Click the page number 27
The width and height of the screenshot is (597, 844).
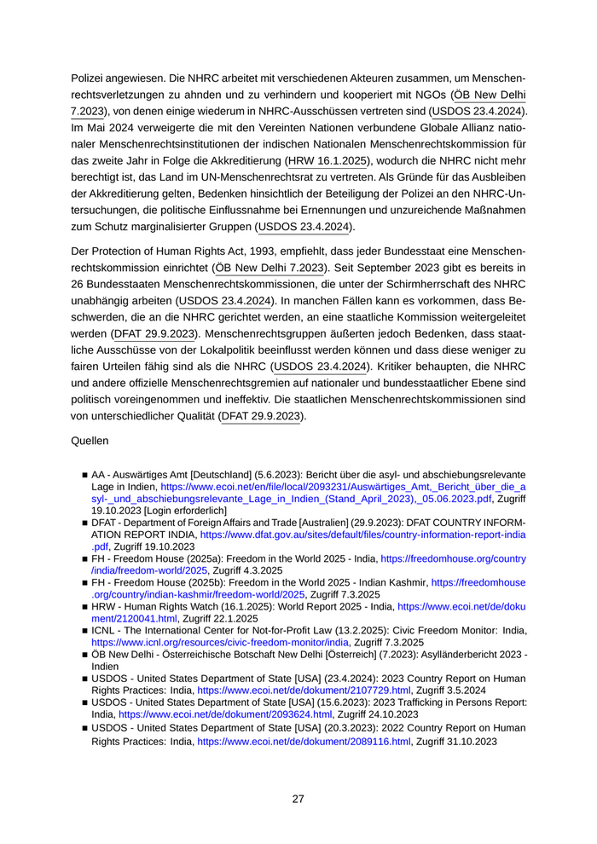tap(298, 799)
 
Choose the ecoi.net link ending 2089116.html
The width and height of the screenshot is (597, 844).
tap(304, 743)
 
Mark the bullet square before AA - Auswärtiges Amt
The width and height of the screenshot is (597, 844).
tap(85, 474)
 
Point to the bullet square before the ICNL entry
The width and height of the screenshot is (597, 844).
tap(85, 630)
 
